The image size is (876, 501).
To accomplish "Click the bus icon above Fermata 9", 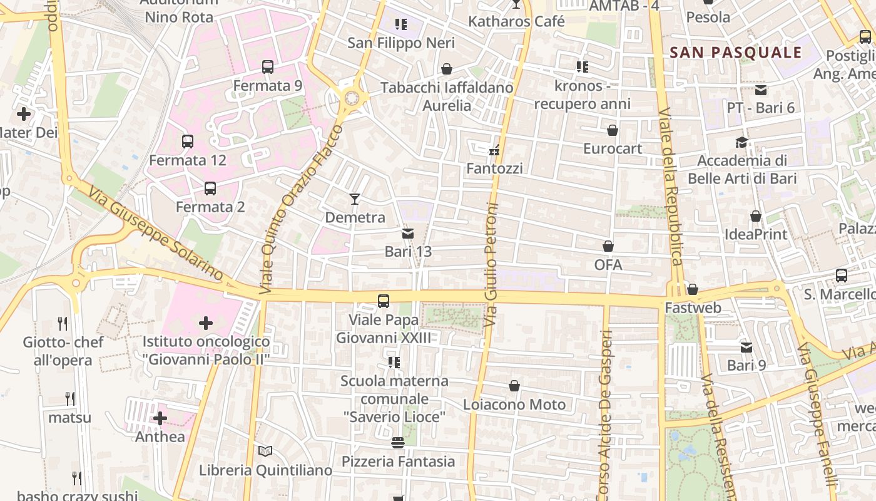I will pyautogui.click(x=268, y=67).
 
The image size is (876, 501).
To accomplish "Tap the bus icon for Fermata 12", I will pyautogui.click(x=188, y=142).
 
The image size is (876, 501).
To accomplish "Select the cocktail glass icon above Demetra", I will pyautogui.click(x=355, y=199).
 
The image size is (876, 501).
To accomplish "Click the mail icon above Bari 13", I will pyautogui.click(x=408, y=234).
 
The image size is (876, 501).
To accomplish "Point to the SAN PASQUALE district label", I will pyautogui.click(x=736, y=53).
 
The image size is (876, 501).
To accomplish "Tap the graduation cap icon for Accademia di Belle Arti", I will pyautogui.click(x=742, y=143).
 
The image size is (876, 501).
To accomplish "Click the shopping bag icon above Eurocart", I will pyautogui.click(x=613, y=130).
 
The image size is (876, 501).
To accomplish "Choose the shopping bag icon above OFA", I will pyautogui.click(x=608, y=246).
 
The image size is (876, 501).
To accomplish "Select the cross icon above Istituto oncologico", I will pyautogui.click(x=206, y=323).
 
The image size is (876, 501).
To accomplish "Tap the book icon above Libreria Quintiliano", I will pyautogui.click(x=265, y=451).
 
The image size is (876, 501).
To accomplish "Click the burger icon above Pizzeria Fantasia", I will pyautogui.click(x=398, y=443).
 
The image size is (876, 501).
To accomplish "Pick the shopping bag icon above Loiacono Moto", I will pyautogui.click(x=514, y=386).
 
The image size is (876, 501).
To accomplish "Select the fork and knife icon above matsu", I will pyautogui.click(x=70, y=398).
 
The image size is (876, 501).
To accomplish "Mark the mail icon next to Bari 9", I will pyautogui.click(x=746, y=347).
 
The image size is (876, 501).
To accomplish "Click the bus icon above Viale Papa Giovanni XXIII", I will pyautogui.click(x=384, y=301).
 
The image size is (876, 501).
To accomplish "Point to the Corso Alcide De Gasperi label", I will pyautogui.click(x=604, y=413).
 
